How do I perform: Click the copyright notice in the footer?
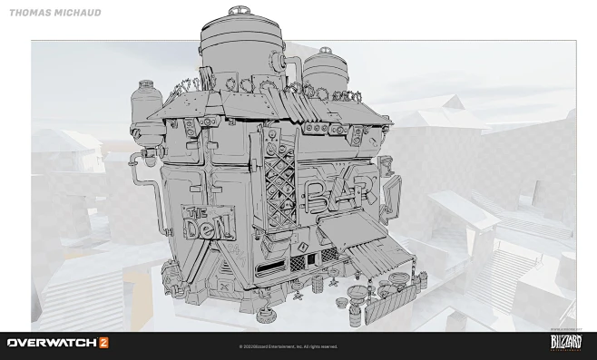tap(289, 346)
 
